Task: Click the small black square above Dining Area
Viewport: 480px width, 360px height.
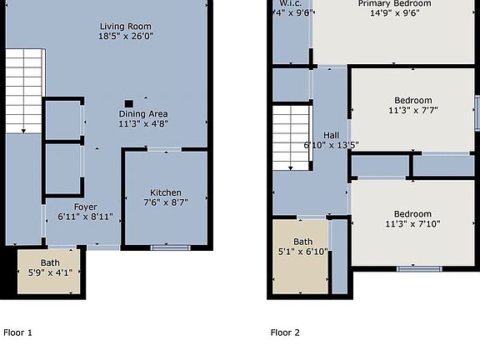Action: (x=127, y=103)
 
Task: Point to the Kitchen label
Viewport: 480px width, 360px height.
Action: (x=165, y=192)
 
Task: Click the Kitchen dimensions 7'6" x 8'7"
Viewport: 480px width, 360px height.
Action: (x=165, y=202)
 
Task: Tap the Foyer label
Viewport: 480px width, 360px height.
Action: (x=86, y=207)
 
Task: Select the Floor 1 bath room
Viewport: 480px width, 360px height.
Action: (x=50, y=271)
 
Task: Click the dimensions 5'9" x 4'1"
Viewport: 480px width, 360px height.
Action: (x=51, y=272)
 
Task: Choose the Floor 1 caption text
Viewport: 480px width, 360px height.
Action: (x=18, y=333)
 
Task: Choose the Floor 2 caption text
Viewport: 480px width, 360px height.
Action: (x=285, y=333)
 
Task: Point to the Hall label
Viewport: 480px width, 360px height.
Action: (x=332, y=134)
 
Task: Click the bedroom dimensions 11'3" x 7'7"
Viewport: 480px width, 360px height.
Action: (x=412, y=110)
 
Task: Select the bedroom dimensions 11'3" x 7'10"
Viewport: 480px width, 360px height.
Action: (x=412, y=222)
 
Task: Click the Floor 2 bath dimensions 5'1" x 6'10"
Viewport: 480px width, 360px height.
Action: (x=302, y=252)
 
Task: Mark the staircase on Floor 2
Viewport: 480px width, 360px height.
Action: (x=293, y=137)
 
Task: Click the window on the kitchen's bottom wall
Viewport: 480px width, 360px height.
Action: (x=165, y=247)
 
